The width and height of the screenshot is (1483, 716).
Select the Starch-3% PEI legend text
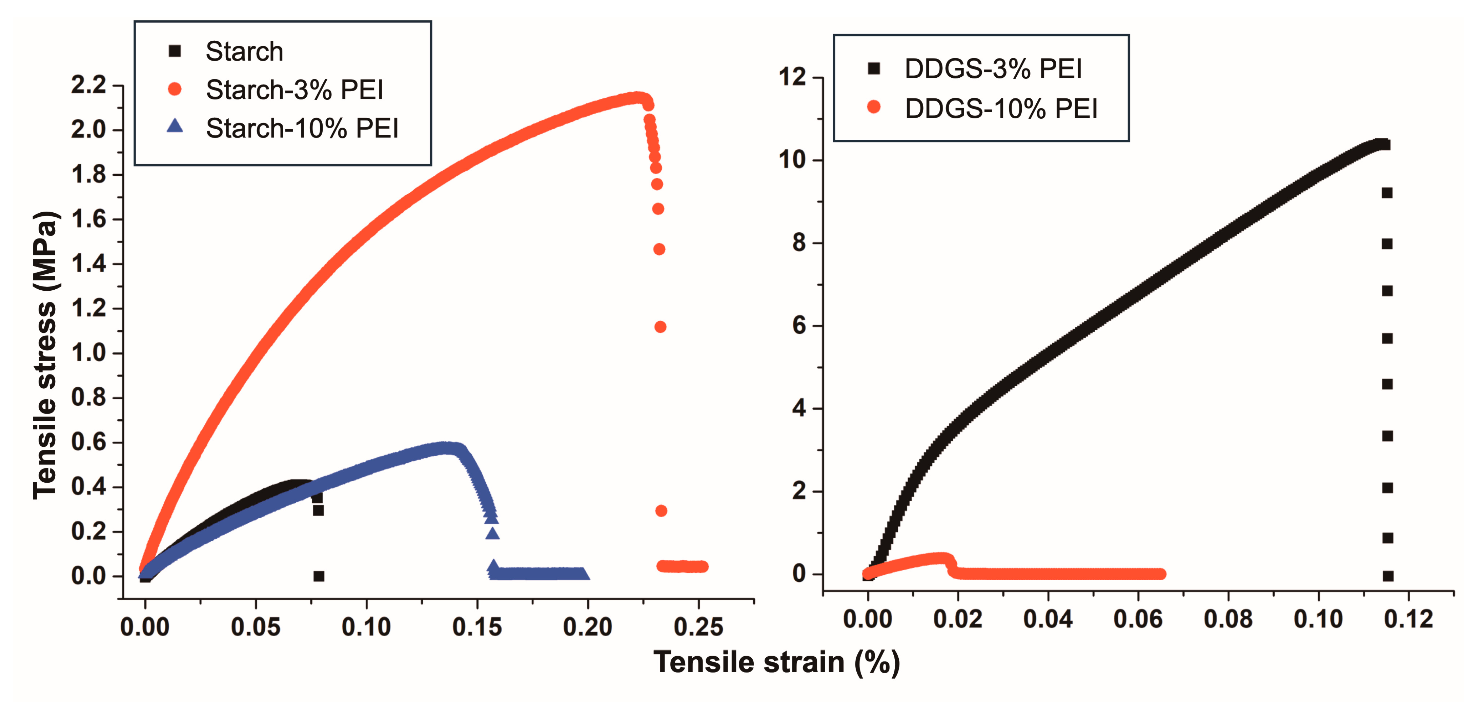[x=294, y=90]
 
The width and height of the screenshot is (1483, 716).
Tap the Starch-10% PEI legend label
[x=302, y=128]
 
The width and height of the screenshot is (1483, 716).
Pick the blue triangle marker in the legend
[x=175, y=126]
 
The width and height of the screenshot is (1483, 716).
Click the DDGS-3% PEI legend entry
[x=993, y=69]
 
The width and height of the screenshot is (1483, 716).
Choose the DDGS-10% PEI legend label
[x=1000, y=108]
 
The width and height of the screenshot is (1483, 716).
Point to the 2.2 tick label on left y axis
[x=89, y=85]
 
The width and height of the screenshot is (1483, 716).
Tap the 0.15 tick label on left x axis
[x=477, y=627]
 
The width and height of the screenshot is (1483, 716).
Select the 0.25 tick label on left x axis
[x=698, y=627]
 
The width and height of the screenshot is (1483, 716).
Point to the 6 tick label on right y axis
[x=799, y=326]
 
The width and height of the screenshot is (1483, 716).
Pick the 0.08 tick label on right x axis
[x=1228, y=620]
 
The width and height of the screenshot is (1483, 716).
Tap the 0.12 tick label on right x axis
[x=1408, y=620]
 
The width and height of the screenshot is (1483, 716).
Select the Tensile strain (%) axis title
[x=776, y=662]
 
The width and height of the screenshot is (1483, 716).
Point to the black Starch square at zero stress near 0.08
[x=319, y=576]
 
